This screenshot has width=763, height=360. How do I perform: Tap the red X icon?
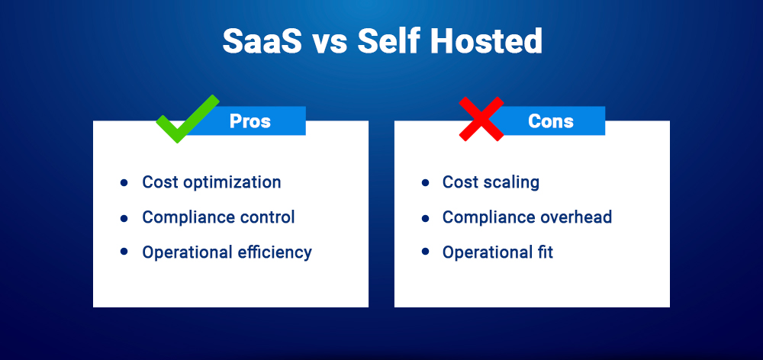point(481,119)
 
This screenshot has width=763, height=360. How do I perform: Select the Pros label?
point(250,121)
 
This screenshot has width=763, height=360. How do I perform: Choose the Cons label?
point(550,121)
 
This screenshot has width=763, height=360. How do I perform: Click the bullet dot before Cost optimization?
point(124,183)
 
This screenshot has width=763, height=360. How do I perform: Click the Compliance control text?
point(218,217)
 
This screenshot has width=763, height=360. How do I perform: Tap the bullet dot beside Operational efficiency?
point(124,252)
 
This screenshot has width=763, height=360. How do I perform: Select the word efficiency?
point(273,252)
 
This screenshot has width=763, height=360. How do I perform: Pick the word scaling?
point(511,183)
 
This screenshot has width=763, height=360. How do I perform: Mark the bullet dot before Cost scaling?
point(425,183)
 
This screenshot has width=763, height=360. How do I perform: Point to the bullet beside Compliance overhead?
point(425,217)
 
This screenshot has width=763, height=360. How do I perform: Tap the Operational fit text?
point(497,252)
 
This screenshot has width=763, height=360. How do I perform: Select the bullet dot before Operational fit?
point(425,252)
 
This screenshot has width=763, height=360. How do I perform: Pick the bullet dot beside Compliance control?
point(124,217)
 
